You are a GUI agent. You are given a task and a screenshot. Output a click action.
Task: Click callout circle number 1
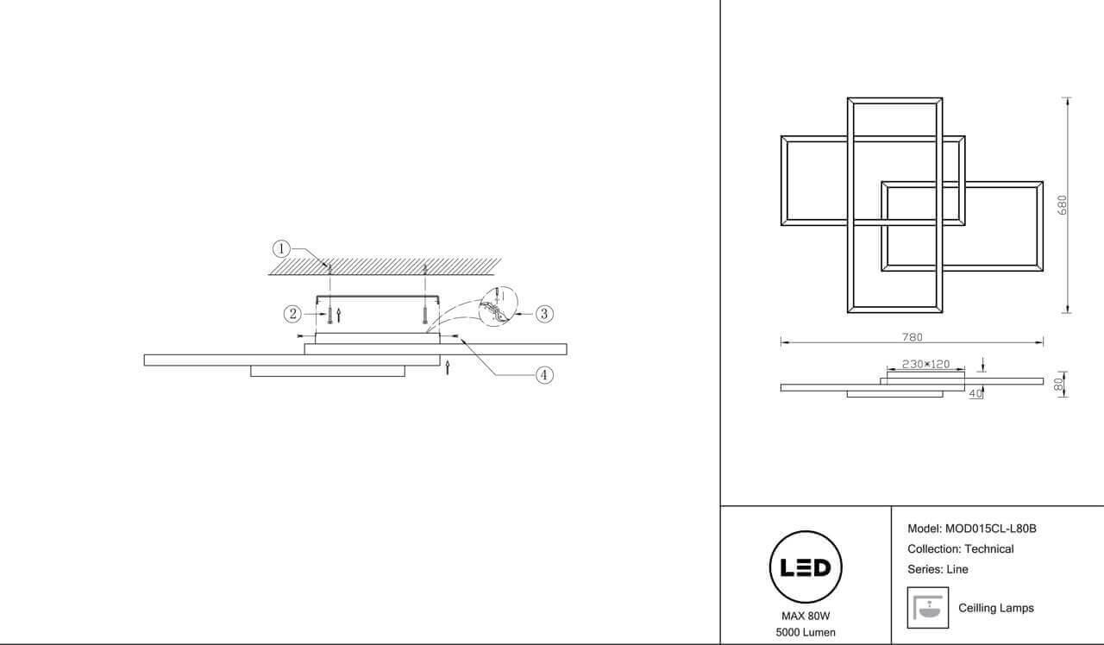[x=281, y=249]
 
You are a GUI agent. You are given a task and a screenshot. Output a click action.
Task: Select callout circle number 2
[x=292, y=314]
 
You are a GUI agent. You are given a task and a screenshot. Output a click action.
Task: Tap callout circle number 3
[x=544, y=314]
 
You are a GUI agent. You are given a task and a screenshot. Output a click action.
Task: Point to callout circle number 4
[x=544, y=375]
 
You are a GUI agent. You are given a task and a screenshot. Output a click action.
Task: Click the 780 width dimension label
[x=912, y=337]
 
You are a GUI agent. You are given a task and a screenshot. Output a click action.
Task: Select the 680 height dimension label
[x=1063, y=205]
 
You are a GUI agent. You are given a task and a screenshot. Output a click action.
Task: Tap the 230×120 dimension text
[x=925, y=364]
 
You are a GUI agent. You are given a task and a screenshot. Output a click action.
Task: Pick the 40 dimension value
[x=975, y=394]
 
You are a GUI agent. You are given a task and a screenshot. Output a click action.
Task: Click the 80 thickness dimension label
[x=1058, y=385]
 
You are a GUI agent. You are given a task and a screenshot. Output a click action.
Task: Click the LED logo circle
[x=806, y=567]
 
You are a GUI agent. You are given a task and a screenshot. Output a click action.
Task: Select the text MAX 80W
[x=806, y=616]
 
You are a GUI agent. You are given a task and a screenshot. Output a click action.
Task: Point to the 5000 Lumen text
[x=806, y=632]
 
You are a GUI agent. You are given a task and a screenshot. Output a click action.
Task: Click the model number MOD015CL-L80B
[x=991, y=529]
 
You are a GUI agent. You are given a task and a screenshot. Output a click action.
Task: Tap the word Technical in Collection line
[x=988, y=549]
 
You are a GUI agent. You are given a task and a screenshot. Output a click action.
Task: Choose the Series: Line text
[x=938, y=569]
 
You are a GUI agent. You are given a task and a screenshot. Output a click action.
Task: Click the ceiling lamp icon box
[x=928, y=608]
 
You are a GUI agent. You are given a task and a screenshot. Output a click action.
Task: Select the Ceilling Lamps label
[x=996, y=608]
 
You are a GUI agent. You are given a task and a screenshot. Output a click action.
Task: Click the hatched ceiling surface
[x=385, y=266]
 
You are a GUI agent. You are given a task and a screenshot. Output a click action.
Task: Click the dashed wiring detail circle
[x=499, y=306]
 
